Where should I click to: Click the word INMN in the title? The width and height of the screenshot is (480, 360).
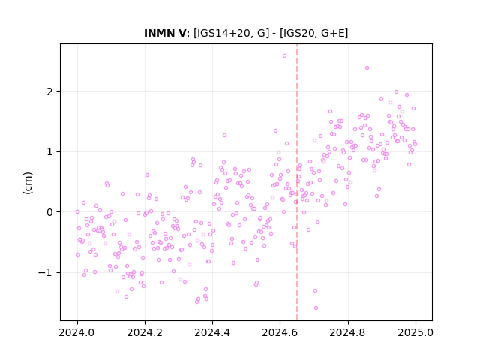tap(159, 33)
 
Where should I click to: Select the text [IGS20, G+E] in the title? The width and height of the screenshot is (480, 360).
tap(313, 33)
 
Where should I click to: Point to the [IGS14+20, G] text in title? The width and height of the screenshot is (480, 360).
tap(232, 33)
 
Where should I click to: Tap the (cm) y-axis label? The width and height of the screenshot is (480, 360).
tap(28, 183)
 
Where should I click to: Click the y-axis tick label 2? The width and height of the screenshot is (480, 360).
tap(49, 91)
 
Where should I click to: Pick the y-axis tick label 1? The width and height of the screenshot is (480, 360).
tap(49, 152)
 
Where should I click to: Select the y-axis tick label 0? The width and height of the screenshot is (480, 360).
tap(49, 212)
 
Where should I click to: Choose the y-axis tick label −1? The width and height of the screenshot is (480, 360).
tap(45, 273)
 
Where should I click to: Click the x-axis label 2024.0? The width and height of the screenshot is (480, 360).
tap(77, 332)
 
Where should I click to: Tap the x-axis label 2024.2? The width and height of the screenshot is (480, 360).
tap(145, 332)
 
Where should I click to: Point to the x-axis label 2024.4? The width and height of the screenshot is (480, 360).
tap(212, 332)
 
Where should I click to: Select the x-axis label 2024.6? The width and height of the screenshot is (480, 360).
tap(280, 332)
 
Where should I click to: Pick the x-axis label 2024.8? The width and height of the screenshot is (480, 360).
tap(347, 332)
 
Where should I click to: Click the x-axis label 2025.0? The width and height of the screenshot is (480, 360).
tap(415, 332)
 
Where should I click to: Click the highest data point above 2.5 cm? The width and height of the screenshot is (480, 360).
tap(284, 56)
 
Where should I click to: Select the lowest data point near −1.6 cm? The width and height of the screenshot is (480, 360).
tap(316, 308)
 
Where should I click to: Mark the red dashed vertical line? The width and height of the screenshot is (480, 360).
tap(297, 182)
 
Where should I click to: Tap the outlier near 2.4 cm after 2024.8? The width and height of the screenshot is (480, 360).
tap(367, 68)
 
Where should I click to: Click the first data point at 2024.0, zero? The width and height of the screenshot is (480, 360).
tap(77, 211)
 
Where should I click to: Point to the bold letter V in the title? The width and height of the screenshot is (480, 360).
tap(181, 33)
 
